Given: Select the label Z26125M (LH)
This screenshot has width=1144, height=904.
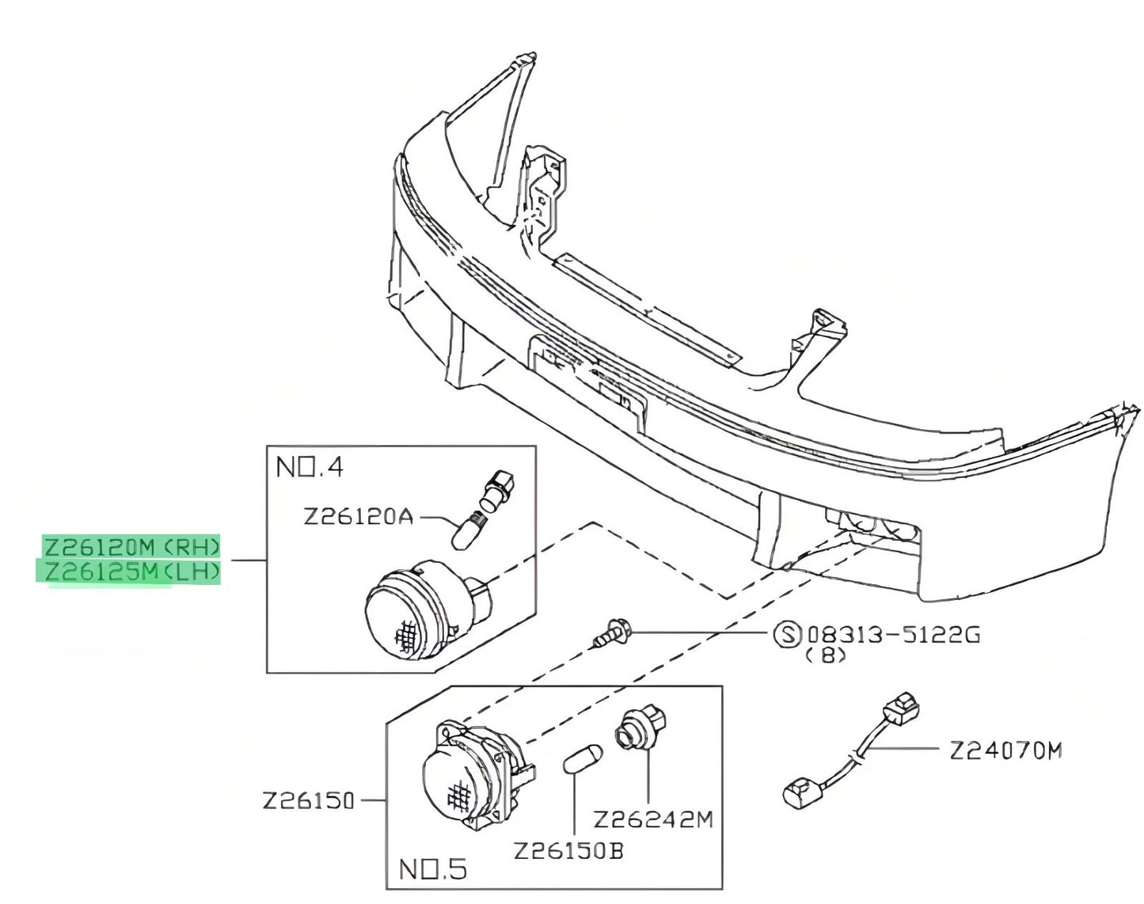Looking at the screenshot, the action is point(131,572).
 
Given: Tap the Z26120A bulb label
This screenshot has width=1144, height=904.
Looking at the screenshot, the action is point(358,517).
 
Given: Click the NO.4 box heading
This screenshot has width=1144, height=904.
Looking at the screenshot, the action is point(310,468).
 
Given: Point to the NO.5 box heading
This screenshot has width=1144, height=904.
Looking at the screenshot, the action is point(433,870).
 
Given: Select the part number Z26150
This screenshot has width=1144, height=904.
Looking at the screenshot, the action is point(308,800).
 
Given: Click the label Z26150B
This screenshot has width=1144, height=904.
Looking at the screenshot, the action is point(568,852).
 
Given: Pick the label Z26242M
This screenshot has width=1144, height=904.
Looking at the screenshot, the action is point(653,820).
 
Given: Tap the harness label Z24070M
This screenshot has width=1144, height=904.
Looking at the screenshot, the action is point(1005,751).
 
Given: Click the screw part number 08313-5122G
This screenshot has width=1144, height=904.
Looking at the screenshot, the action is point(894,635).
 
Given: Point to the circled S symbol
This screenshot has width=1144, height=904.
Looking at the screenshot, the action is point(787,635).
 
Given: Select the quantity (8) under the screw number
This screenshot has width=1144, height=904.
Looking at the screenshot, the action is point(826,656).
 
